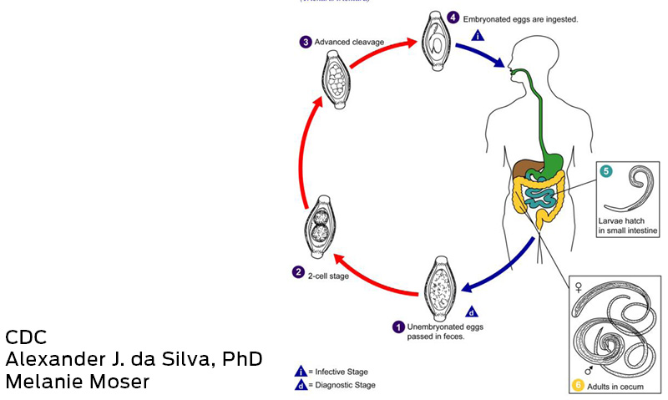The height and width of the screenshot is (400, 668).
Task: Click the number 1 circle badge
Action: (399, 327)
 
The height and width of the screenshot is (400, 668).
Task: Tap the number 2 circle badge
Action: (297, 271)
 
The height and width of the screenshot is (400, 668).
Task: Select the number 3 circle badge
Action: (306, 43)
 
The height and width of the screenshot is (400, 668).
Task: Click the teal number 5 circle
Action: (606, 172)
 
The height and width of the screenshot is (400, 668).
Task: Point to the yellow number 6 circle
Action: (577, 386)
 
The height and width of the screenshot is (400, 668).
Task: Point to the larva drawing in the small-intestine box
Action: (633, 196)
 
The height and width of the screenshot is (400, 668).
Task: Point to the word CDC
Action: (26, 337)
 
